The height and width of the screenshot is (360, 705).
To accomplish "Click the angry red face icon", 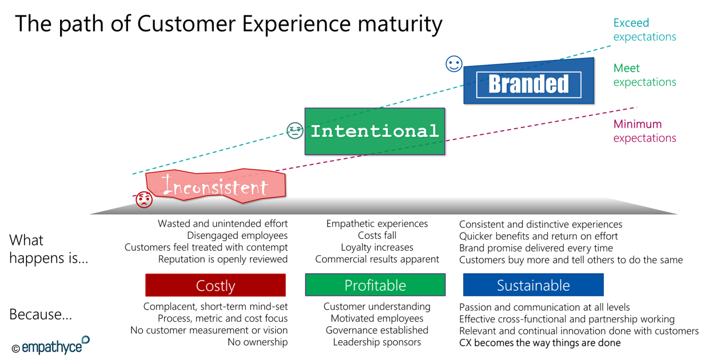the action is [x=144, y=199].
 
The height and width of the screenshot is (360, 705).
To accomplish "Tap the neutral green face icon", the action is [x=295, y=130].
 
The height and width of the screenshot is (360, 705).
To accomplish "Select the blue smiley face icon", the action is [x=454, y=64].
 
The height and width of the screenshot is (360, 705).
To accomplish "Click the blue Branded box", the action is [x=529, y=81].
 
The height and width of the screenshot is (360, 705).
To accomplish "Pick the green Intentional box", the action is [x=375, y=131].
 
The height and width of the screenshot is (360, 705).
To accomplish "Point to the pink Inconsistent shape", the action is [x=216, y=186].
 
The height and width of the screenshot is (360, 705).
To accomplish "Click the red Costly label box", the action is [x=216, y=285].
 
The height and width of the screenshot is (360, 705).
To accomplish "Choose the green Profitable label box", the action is [x=375, y=285].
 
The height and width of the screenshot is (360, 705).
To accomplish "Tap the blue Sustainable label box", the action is [x=533, y=285].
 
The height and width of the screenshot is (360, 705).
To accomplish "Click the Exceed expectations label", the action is [x=644, y=30].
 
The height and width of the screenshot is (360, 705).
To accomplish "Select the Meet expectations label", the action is [x=644, y=75].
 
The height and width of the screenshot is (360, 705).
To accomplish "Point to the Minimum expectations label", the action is [x=644, y=131].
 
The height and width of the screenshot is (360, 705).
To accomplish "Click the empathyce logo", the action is [x=51, y=345].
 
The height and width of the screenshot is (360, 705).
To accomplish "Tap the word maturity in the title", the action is [x=400, y=24].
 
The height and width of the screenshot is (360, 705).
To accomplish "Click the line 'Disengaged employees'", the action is [x=237, y=235].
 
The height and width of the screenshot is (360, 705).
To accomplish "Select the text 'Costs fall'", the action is [x=377, y=235].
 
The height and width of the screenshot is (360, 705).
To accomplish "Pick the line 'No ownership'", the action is [x=258, y=342].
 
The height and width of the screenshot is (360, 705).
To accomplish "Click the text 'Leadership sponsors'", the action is [x=377, y=342].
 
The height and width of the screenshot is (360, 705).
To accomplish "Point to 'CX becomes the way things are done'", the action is [x=540, y=343].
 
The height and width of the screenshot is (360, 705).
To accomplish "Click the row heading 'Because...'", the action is [x=41, y=314].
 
